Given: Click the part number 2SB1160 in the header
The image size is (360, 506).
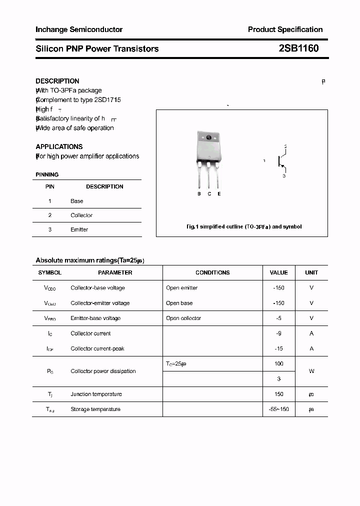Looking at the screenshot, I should [298, 48].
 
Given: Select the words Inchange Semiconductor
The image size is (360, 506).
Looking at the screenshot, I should [79, 29].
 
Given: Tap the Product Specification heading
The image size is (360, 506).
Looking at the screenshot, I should [285, 29].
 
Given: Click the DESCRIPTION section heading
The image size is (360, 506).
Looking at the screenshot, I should [57, 81].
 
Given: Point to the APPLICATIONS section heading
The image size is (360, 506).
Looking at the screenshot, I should [59, 146].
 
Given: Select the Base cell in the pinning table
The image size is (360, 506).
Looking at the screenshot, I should [77, 201].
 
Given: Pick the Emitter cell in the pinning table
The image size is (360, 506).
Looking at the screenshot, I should [79, 229].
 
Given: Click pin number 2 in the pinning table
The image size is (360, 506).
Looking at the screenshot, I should [50, 215].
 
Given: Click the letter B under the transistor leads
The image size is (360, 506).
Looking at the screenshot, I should [199, 193].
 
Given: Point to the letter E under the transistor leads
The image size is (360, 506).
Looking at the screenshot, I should [219, 193].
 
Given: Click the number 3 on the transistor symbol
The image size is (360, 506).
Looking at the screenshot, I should [284, 176].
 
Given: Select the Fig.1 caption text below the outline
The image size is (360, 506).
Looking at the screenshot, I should [243, 226].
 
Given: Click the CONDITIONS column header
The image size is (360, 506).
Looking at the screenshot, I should [212, 272].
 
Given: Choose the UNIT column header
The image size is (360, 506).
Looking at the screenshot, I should [311, 272].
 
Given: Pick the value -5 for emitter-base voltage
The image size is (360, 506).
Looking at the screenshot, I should [278, 318].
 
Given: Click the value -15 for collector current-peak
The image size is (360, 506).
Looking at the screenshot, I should [278, 348].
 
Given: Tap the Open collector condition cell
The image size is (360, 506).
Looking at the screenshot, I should [183, 318].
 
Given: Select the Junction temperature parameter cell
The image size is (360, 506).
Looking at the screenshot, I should [96, 394].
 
